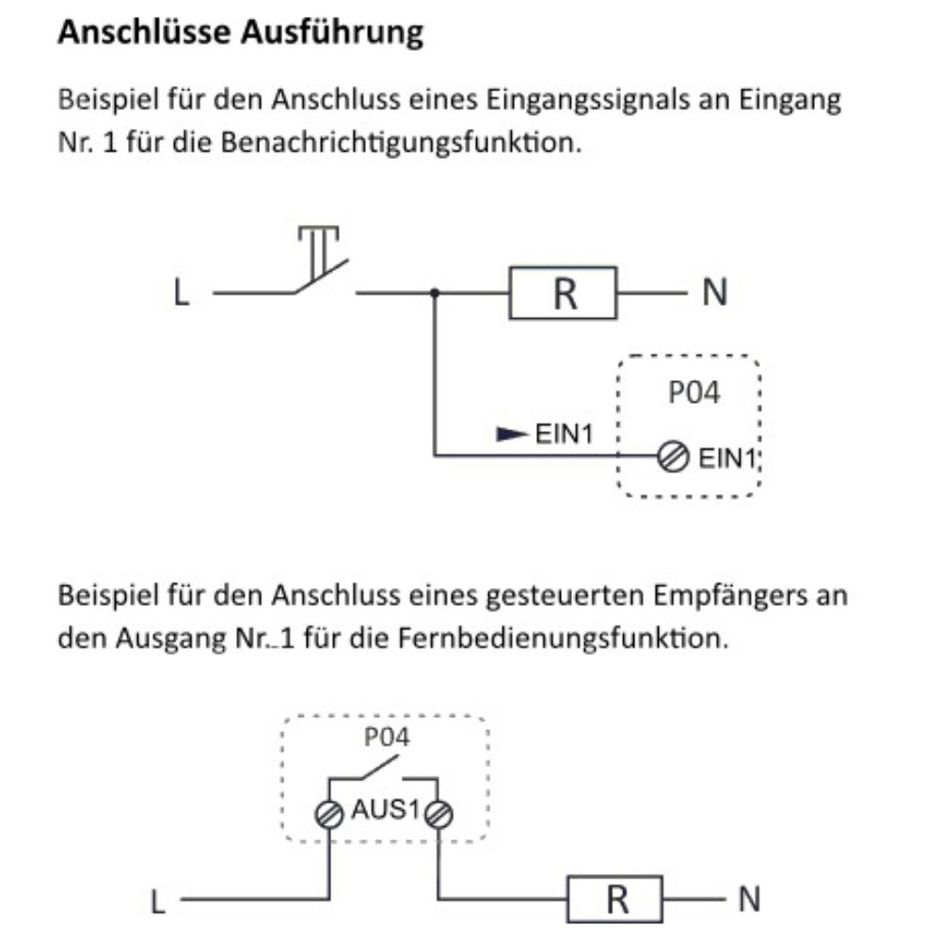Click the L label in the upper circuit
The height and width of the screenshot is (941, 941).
pyautogui.click(x=181, y=295)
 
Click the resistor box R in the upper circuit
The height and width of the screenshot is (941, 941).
pyautogui.click(x=563, y=294)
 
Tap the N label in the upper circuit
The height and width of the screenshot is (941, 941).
pyautogui.click(x=714, y=294)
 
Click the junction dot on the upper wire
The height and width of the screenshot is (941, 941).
pyautogui.click(x=434, y=294)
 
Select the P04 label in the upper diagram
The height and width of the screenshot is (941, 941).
pyautogui.click(x=694, y=392)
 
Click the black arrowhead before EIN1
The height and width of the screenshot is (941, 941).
pyautogui.click(x=511, y=435)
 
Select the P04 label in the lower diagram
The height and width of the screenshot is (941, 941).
pyautogui.click(x=387, y=738)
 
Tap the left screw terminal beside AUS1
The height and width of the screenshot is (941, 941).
pyautogui.click(x=329, y=815)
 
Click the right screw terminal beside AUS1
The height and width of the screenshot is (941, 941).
pyautogui.click(x=439, y=815)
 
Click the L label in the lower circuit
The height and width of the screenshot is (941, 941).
pyautogui.click(x=158, y=901)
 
